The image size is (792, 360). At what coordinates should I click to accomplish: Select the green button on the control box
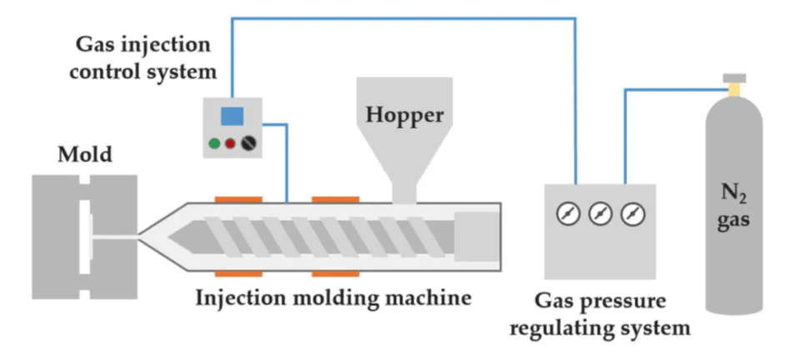[x=214, y=142]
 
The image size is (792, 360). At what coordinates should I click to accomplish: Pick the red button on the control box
[x=230, y=142]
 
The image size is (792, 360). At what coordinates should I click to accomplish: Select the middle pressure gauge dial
[x=600, y=214]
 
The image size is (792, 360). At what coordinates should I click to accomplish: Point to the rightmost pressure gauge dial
[x=633, y=214]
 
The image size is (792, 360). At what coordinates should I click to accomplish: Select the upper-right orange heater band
[x=336, y=199]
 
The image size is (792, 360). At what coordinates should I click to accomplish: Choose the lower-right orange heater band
[x=336, y=272]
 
